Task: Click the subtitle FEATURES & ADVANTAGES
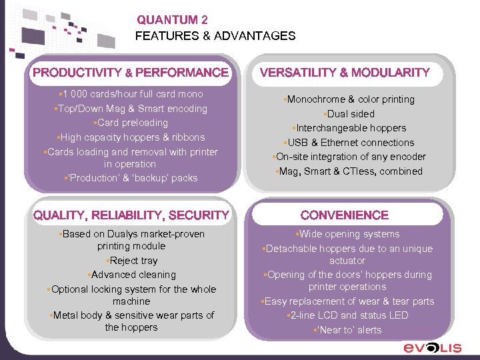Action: [215, 36]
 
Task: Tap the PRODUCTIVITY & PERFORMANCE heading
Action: [131, 72]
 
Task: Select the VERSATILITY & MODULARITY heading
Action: [345, 72]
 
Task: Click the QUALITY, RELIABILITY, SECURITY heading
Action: [131, 215]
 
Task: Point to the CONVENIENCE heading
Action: [345, 215]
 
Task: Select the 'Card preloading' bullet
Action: [131, 123]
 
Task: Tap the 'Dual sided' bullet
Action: [349, 114]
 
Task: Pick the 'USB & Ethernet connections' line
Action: [349, 143]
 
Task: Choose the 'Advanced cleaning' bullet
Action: [132, 275]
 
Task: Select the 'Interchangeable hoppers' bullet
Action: [349, 128]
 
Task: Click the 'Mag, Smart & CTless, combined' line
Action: [349, 171]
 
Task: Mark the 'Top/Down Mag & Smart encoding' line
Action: [131, 109]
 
